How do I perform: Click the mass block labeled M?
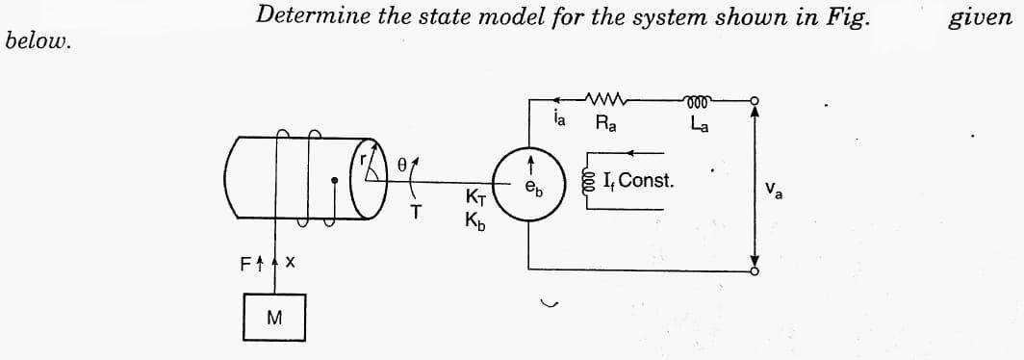[x=275, y=319]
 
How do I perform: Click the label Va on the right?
[x=778, y=190]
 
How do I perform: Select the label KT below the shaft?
[x=476, y=198]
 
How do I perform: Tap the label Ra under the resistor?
[x=607, y=123]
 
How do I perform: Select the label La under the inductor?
[x=700, y=123]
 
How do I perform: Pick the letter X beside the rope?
[x=289, y=262]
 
